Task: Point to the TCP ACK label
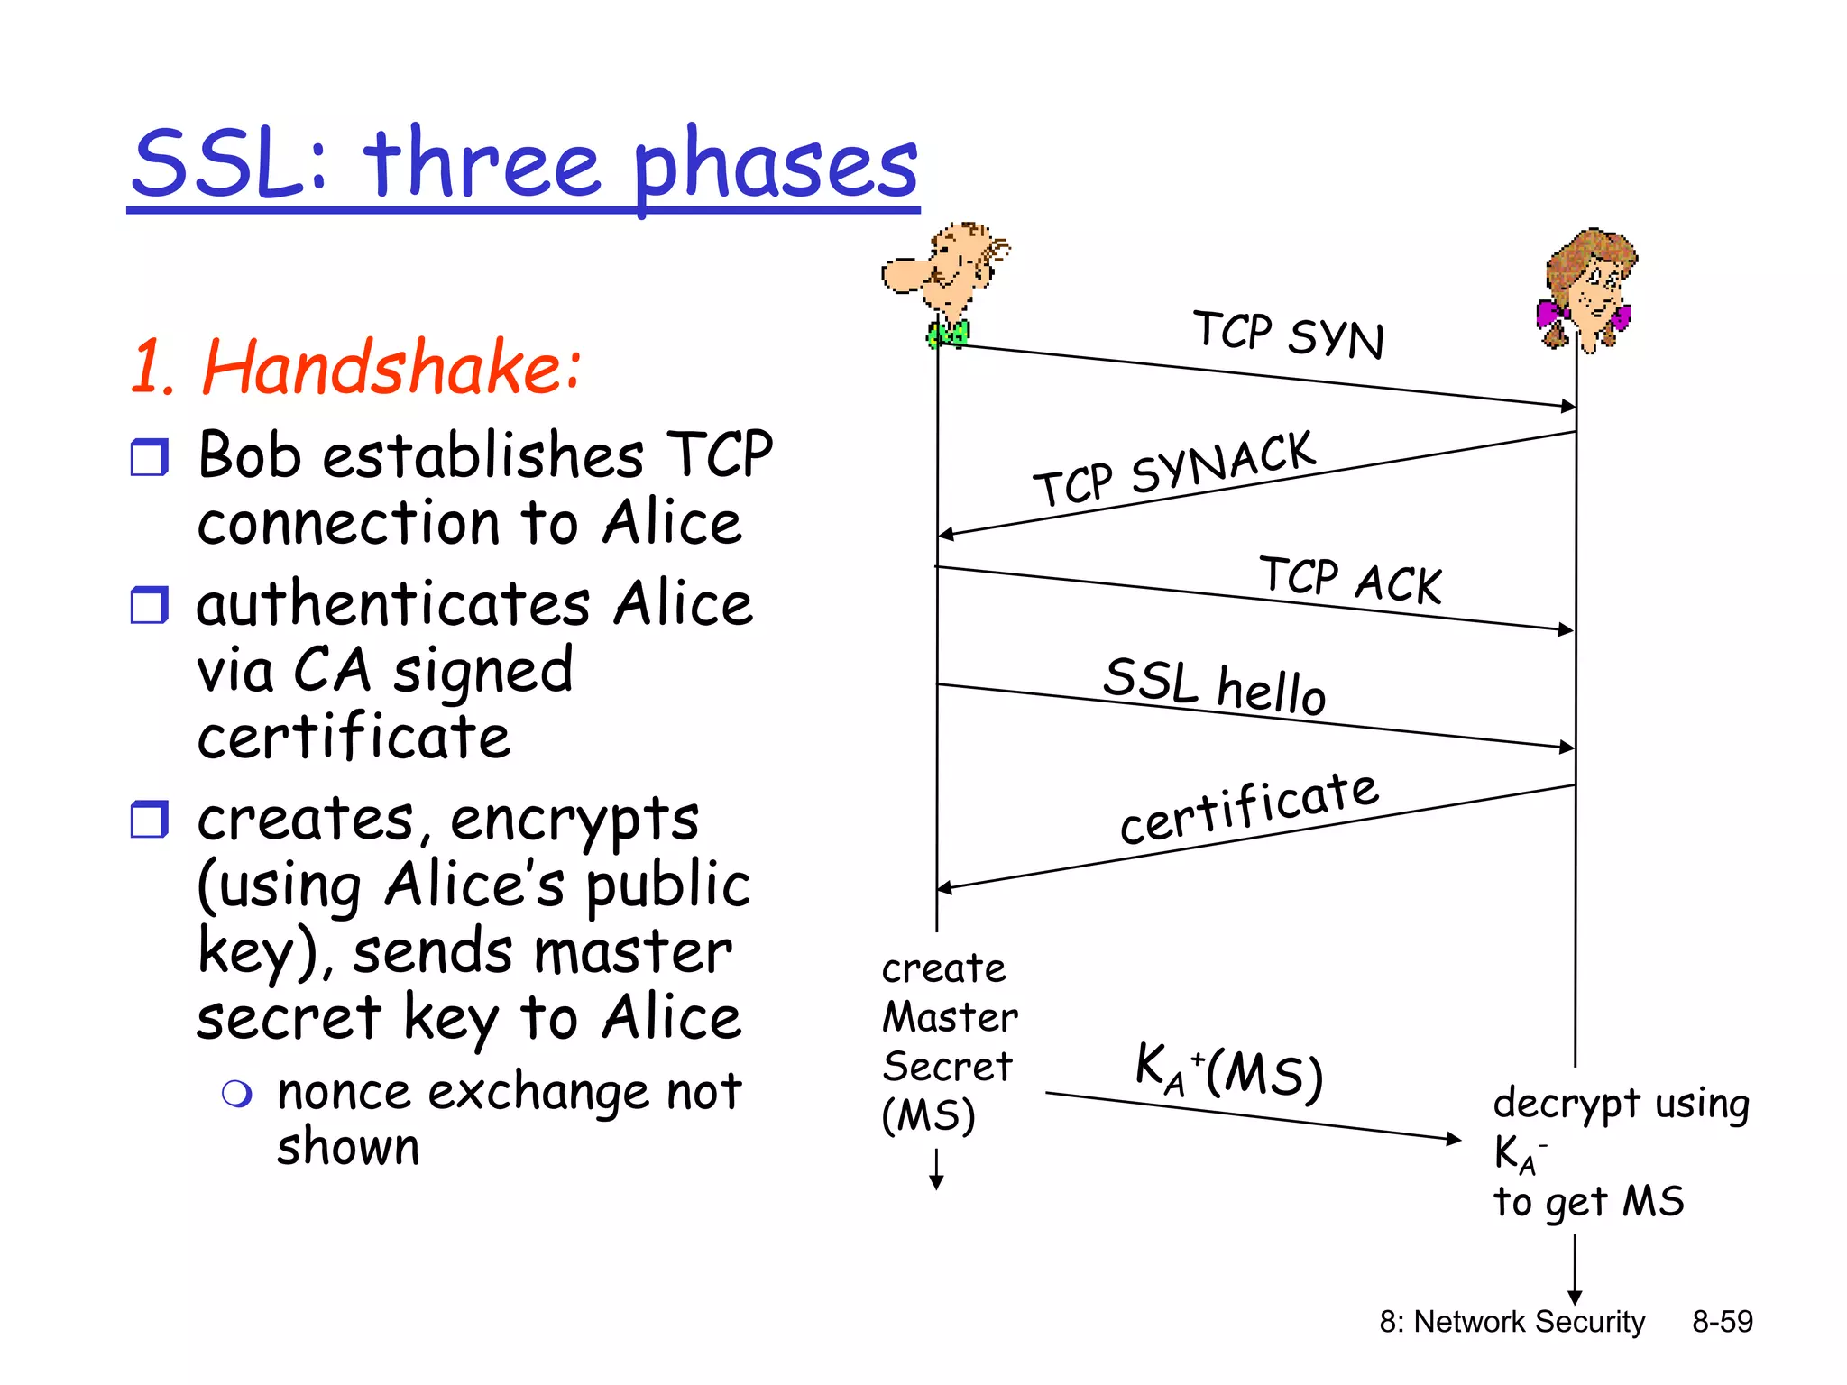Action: (x=1351, y=579)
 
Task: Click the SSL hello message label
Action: (x=1214, y=685)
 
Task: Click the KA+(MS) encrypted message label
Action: (x=1228, y=1071)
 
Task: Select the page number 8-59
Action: (x=1722, y=1322)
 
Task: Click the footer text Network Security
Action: (x=1529, y=1322)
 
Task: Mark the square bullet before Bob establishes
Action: (x=149, y=458)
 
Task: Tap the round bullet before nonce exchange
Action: (x=237, y=1095)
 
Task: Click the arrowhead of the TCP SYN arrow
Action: (x=1568, y=406)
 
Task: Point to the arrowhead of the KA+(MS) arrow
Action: (x=1453, y=1139)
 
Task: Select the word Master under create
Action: (x=950, y=1017)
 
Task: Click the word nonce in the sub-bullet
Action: (x=345, y=1093)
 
